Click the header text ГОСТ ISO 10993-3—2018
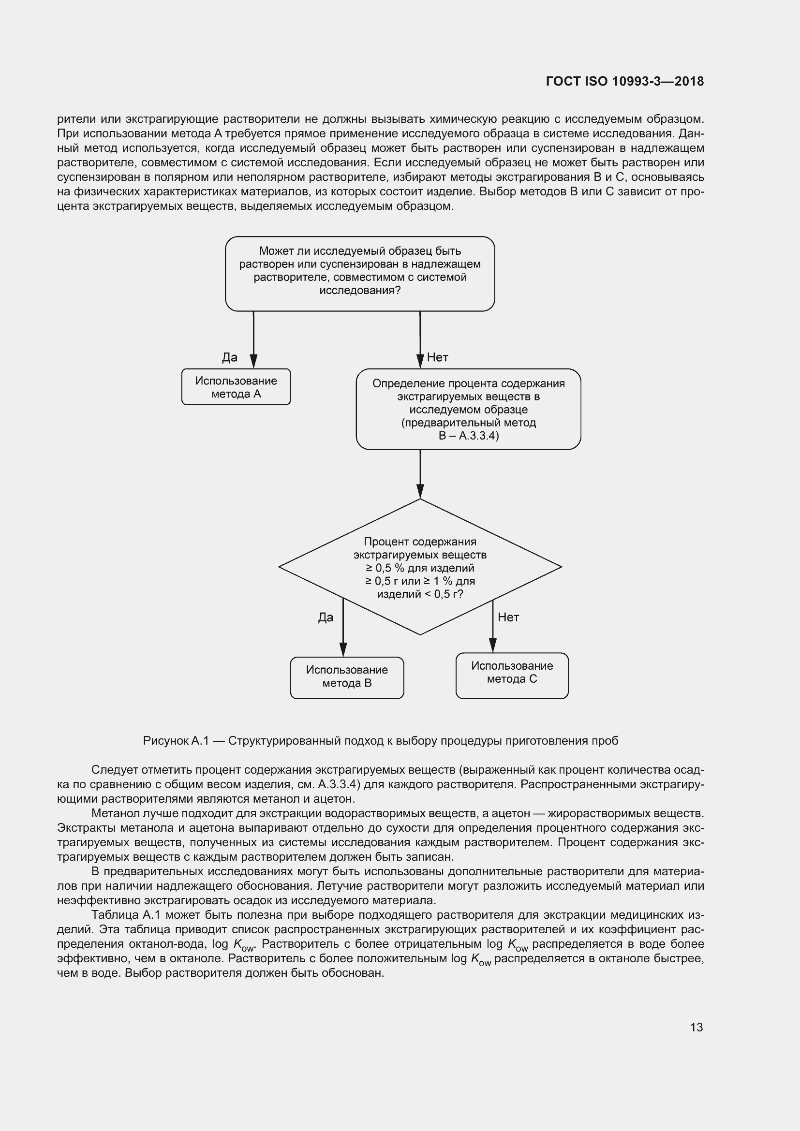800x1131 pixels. coord(624,81)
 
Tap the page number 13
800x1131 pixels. coord(696,1027)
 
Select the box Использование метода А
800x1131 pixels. coord(236,387)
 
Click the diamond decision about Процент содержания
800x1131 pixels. coord(420,567)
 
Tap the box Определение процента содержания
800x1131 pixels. coord(468,410)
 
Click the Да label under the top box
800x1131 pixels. coord(230,358)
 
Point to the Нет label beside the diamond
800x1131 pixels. coord(508,617)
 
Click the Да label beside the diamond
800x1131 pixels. coord(326,617)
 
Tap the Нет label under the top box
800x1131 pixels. coord(437,358)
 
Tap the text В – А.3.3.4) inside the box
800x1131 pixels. coord(469,436)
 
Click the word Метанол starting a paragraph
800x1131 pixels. coord(112,813)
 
